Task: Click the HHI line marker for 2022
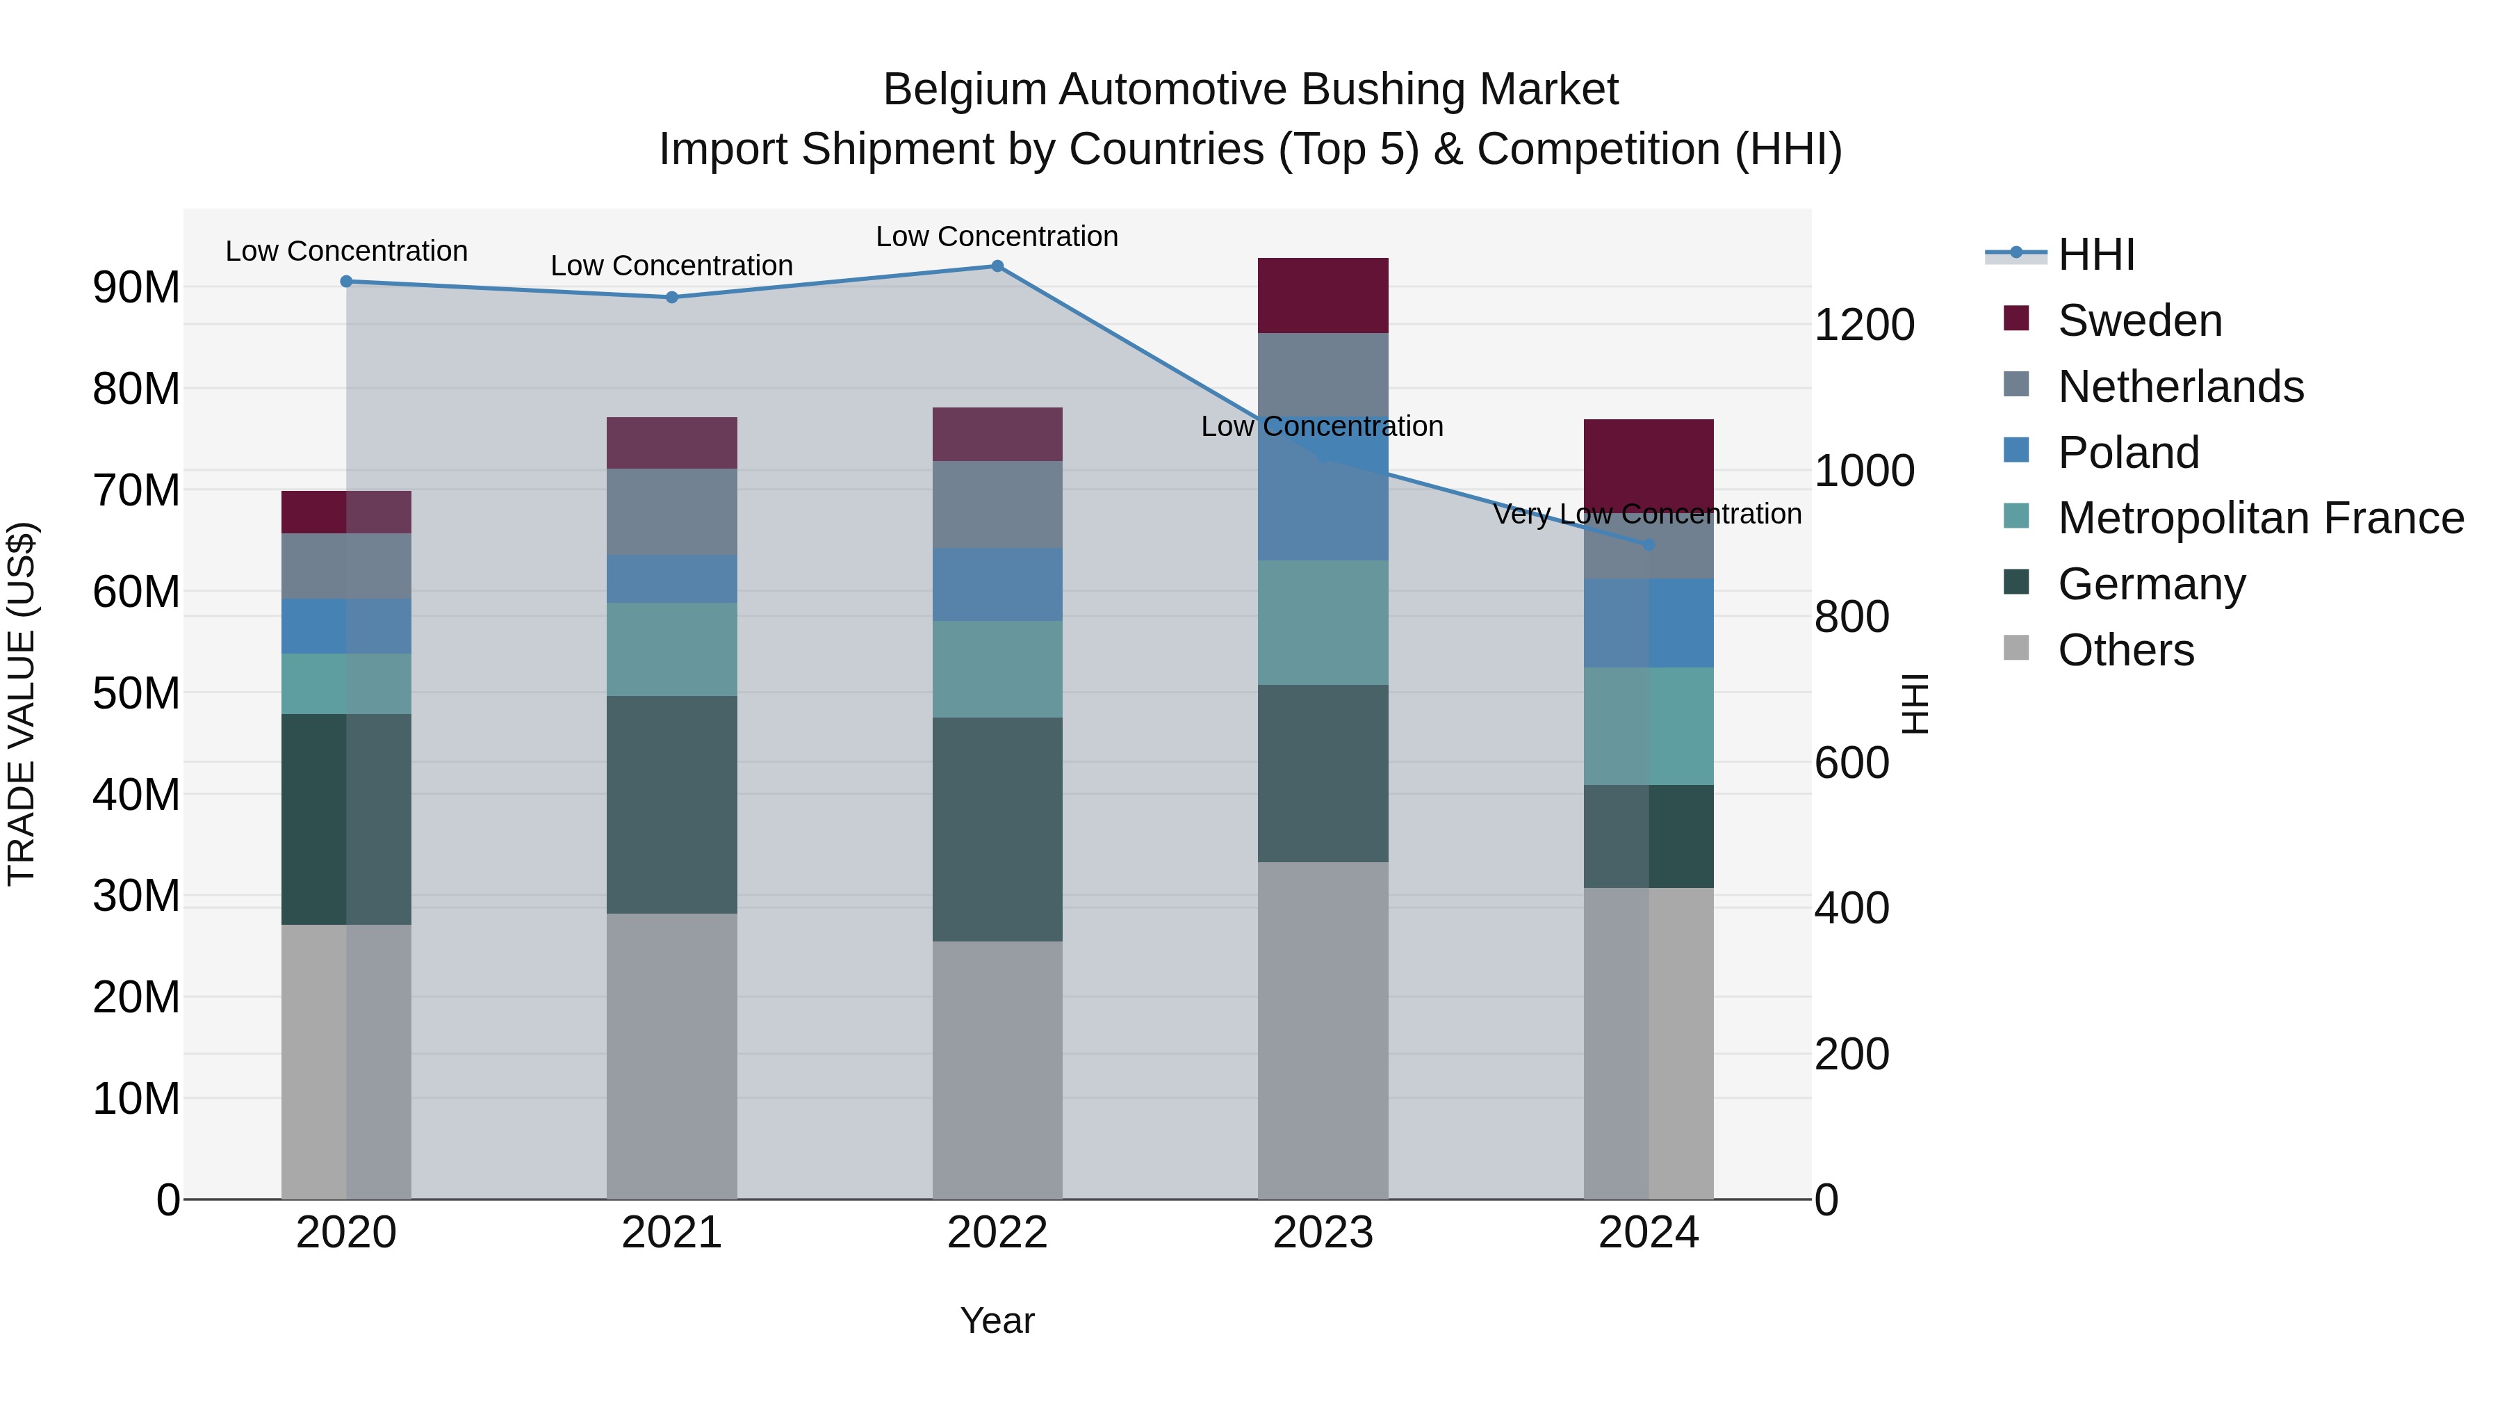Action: (997, 266)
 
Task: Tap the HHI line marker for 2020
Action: (346, 282)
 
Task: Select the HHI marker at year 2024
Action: (1649, 545)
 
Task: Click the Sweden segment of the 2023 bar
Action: (1322, 296)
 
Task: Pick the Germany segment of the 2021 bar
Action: (671, 804)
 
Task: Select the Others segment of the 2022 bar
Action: (997, 1069)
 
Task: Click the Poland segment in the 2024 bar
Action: (1649, 623)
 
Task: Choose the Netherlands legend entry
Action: (2180, 387)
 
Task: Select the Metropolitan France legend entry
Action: (2259, 518)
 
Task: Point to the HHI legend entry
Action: (2096, 254)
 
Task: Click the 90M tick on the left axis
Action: (136, 288)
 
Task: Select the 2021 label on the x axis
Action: (671, 1233)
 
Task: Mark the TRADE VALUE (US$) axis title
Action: (22, 704)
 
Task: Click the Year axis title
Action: (997, 1320)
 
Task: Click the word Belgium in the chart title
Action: (965, 90)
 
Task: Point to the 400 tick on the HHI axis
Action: (1851, 909)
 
